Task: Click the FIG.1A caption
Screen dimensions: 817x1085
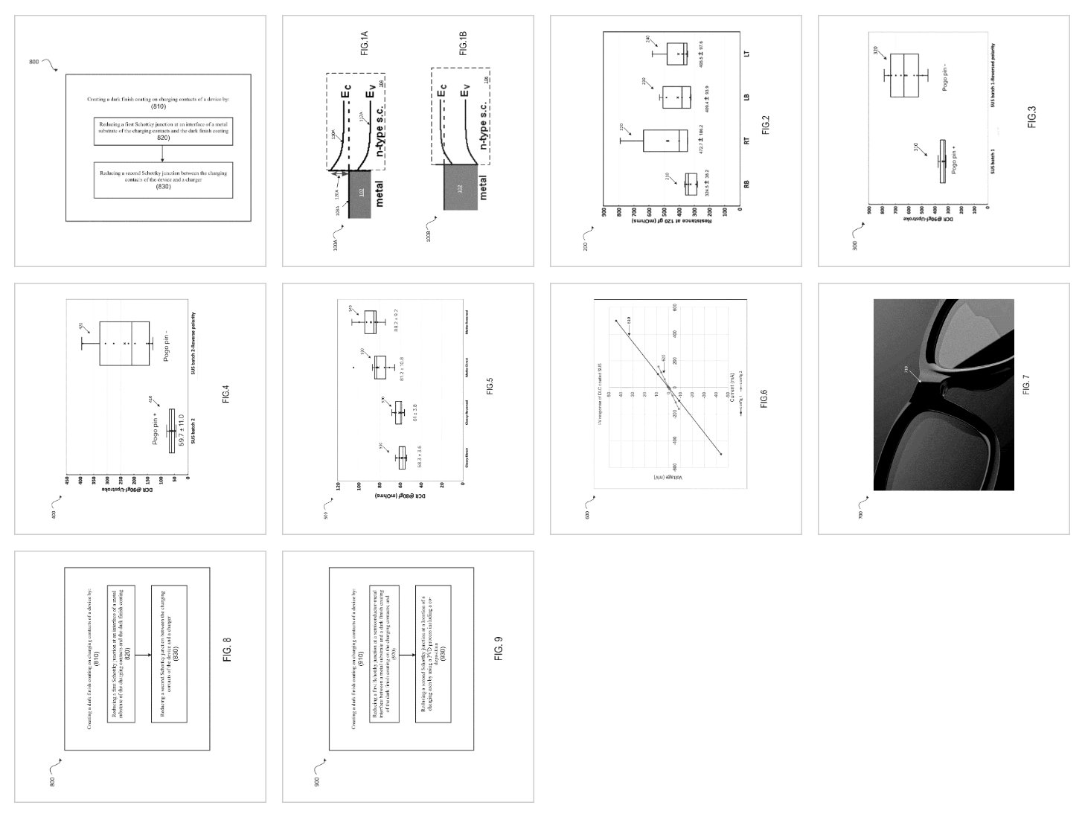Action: pyautogui.click(x=364, y=50)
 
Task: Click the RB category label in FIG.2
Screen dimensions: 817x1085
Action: pyautogui.click(x=746, y=183)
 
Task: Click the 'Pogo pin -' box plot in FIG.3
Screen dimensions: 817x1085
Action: pyautogui.click(x=904, y=75)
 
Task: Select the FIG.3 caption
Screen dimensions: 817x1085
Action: pyautogui.click(x=1031, y=117)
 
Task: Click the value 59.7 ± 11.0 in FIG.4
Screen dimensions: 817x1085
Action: pyautogui.click(x=180, y=431)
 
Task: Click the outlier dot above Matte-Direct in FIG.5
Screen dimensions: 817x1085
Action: pyautogui.click(x=353, y=367)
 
